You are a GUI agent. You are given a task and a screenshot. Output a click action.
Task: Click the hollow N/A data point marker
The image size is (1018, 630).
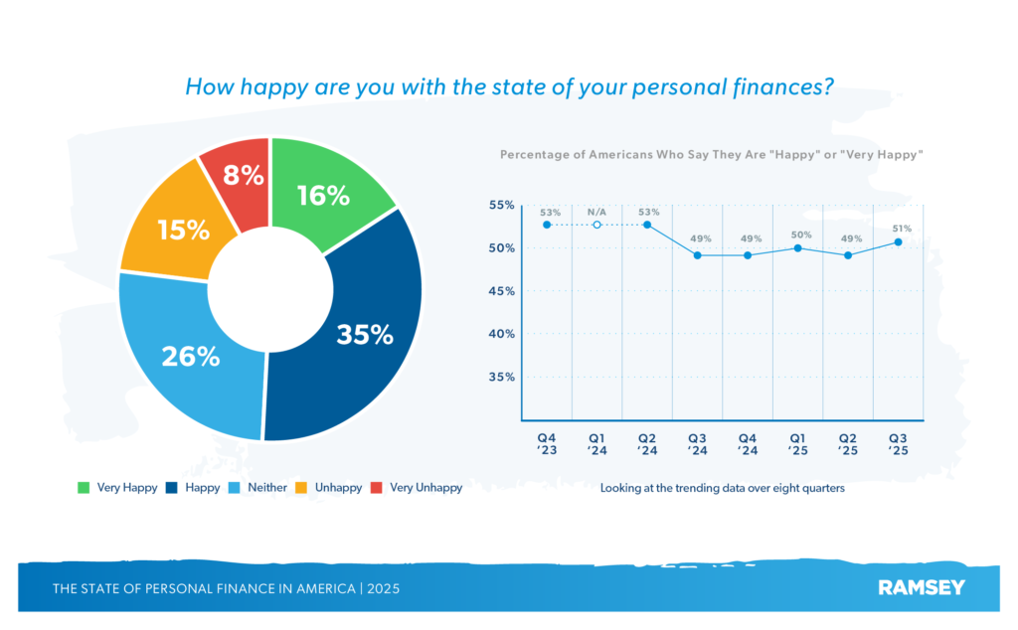[597, 225]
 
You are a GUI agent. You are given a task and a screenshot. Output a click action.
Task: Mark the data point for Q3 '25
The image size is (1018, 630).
[899, 241]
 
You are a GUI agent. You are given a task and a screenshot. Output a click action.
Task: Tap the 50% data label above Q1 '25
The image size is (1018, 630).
[801, 236]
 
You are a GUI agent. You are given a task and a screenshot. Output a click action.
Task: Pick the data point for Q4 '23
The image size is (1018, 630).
[548, 225]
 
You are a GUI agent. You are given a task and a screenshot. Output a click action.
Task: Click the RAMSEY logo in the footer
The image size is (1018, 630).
[921, 587]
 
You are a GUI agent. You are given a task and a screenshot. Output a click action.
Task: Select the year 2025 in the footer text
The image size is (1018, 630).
[383, 588]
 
